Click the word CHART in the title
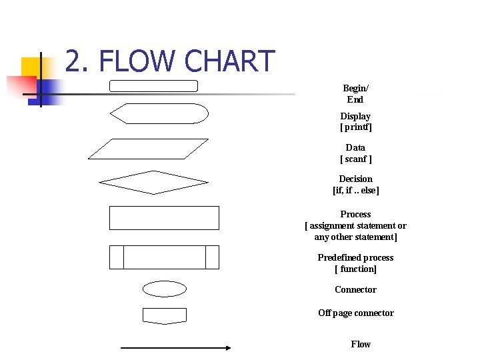[229, 61]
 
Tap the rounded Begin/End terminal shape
[153, 86]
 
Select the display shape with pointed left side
[159, 114]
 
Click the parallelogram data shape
[148, 149]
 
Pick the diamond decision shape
[153, 182]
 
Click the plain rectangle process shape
[164, 218]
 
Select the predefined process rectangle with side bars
[164, 257]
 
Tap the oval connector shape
[165, 289]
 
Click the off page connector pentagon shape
[165, 315]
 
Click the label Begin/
[355, 88]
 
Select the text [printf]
[355, 127]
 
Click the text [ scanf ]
[355, 159]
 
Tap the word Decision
[355, 179]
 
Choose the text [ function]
[355, 269]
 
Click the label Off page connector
[355, 313]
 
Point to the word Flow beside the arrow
[361, 344]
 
